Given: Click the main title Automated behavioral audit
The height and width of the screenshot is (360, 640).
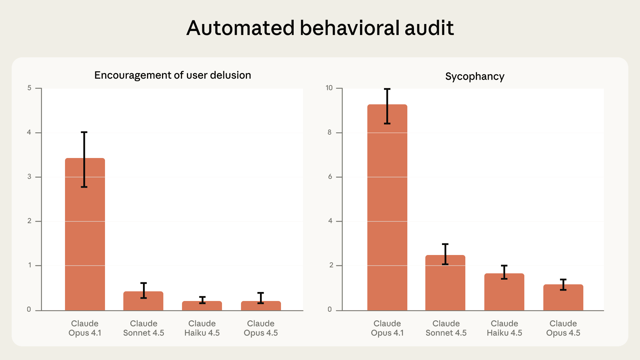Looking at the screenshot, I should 320,28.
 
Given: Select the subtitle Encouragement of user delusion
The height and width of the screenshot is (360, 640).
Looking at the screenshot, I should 173,75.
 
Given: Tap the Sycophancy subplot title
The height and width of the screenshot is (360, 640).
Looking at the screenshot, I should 475,77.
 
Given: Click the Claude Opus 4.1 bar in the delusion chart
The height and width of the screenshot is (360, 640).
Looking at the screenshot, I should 85,240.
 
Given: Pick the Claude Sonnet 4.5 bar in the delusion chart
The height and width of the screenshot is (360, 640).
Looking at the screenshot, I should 143,303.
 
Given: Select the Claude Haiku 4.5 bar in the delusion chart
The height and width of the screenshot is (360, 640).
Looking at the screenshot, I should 202,307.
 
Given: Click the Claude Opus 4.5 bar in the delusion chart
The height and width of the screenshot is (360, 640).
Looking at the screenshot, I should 261,307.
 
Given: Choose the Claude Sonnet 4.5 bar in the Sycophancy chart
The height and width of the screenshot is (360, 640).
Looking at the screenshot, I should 445,287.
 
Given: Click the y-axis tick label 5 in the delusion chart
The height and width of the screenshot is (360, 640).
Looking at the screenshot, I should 29,88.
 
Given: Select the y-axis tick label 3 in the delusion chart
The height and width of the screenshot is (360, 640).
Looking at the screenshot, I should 29,177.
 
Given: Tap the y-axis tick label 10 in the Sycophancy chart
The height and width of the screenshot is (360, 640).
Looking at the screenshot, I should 329,88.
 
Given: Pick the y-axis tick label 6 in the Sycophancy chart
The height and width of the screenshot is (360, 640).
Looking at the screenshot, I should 330,177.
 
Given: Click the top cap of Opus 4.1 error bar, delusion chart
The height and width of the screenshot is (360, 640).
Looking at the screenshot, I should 84,132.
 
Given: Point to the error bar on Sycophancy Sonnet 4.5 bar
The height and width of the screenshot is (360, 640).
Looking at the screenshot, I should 445,254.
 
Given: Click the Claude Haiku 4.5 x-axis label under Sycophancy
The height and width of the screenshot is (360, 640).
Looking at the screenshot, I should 504,328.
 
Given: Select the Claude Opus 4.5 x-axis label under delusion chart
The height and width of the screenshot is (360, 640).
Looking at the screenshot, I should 261,328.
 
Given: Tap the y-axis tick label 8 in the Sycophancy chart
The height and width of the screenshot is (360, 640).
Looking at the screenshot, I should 330,132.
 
